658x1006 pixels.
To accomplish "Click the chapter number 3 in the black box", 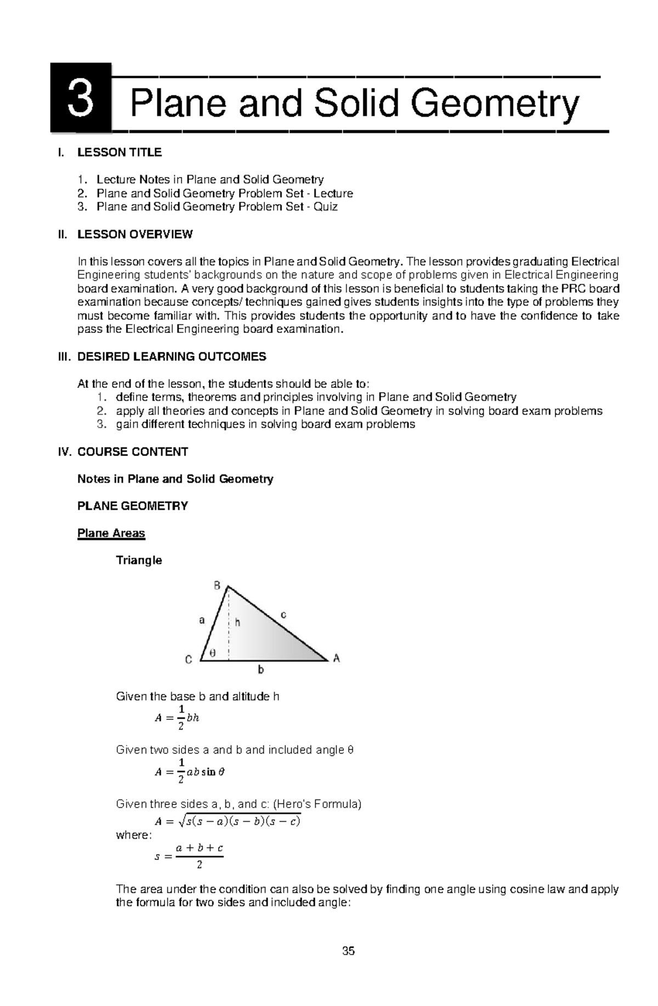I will coord(81,99).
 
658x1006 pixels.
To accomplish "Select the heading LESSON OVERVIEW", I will coord(135,235).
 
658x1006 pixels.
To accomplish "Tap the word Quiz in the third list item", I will coord(325,207).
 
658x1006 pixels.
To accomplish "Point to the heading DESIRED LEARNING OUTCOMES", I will coord(172,357).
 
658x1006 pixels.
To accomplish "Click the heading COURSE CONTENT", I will coord(133,452).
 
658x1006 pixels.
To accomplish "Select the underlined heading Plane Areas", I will coord(111,533).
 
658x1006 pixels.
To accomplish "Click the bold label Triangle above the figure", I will coord(139,560).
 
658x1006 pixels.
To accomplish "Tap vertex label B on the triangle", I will coord(217,586).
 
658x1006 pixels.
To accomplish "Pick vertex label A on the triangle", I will coord(337,658).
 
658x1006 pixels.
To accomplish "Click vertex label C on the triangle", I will coord(189,660).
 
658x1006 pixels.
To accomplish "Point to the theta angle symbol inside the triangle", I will coord(213,653).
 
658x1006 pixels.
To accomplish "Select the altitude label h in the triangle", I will coord(237,622).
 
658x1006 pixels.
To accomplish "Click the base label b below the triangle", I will coord(261,670).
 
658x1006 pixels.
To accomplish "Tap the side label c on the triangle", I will coord(283,615).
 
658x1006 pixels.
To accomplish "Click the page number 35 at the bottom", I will coord(348,951).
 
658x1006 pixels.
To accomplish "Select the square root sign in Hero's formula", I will coord(181,821).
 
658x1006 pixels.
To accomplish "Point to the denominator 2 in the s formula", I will coord(199,865).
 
